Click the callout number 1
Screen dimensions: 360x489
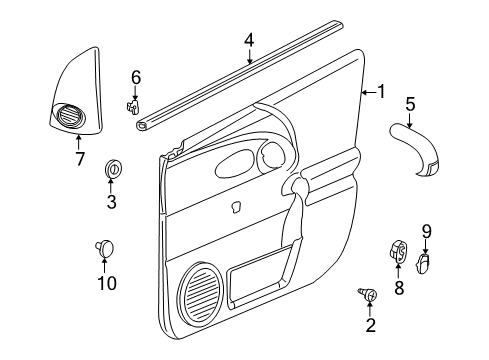pos(380,92)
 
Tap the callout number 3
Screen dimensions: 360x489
pos(111,203)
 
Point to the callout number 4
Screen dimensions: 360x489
pos(249,40)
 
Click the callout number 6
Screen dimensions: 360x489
pos(136,76)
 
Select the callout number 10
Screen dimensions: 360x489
pos(104,284)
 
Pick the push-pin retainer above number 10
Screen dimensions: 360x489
pos(104,245)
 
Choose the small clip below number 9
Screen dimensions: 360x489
pos(423,262)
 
